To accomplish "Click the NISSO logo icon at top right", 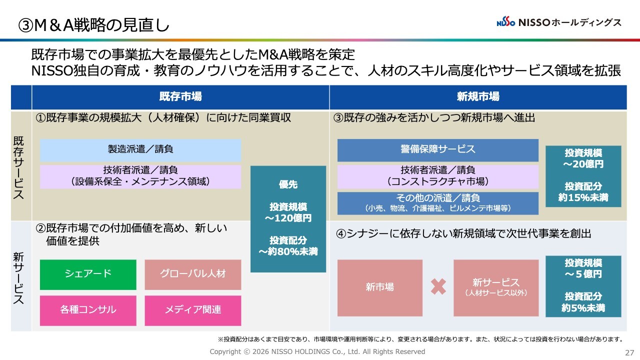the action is [505, 22].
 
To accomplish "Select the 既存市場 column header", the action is [180, 97].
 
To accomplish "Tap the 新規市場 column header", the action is [478, 97].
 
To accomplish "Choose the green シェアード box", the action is [88, 274].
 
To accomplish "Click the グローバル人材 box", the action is [193, 274].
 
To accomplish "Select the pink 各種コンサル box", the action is [88, 310].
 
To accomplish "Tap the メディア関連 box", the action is [193, 310].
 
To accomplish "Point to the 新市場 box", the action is [379, 287].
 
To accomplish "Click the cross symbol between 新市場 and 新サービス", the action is [438, 286].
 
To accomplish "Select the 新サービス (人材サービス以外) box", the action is [496, 287].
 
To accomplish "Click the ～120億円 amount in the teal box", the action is [288, 218].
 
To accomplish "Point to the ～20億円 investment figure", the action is [583, 164].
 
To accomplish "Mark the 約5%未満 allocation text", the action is [583, 308].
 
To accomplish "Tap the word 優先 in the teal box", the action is [288, 184].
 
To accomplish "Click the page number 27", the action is [629, 353].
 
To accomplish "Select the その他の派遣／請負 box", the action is [437, 203].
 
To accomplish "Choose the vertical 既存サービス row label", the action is [18, 167].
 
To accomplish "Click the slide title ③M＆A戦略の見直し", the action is [93, 25].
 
